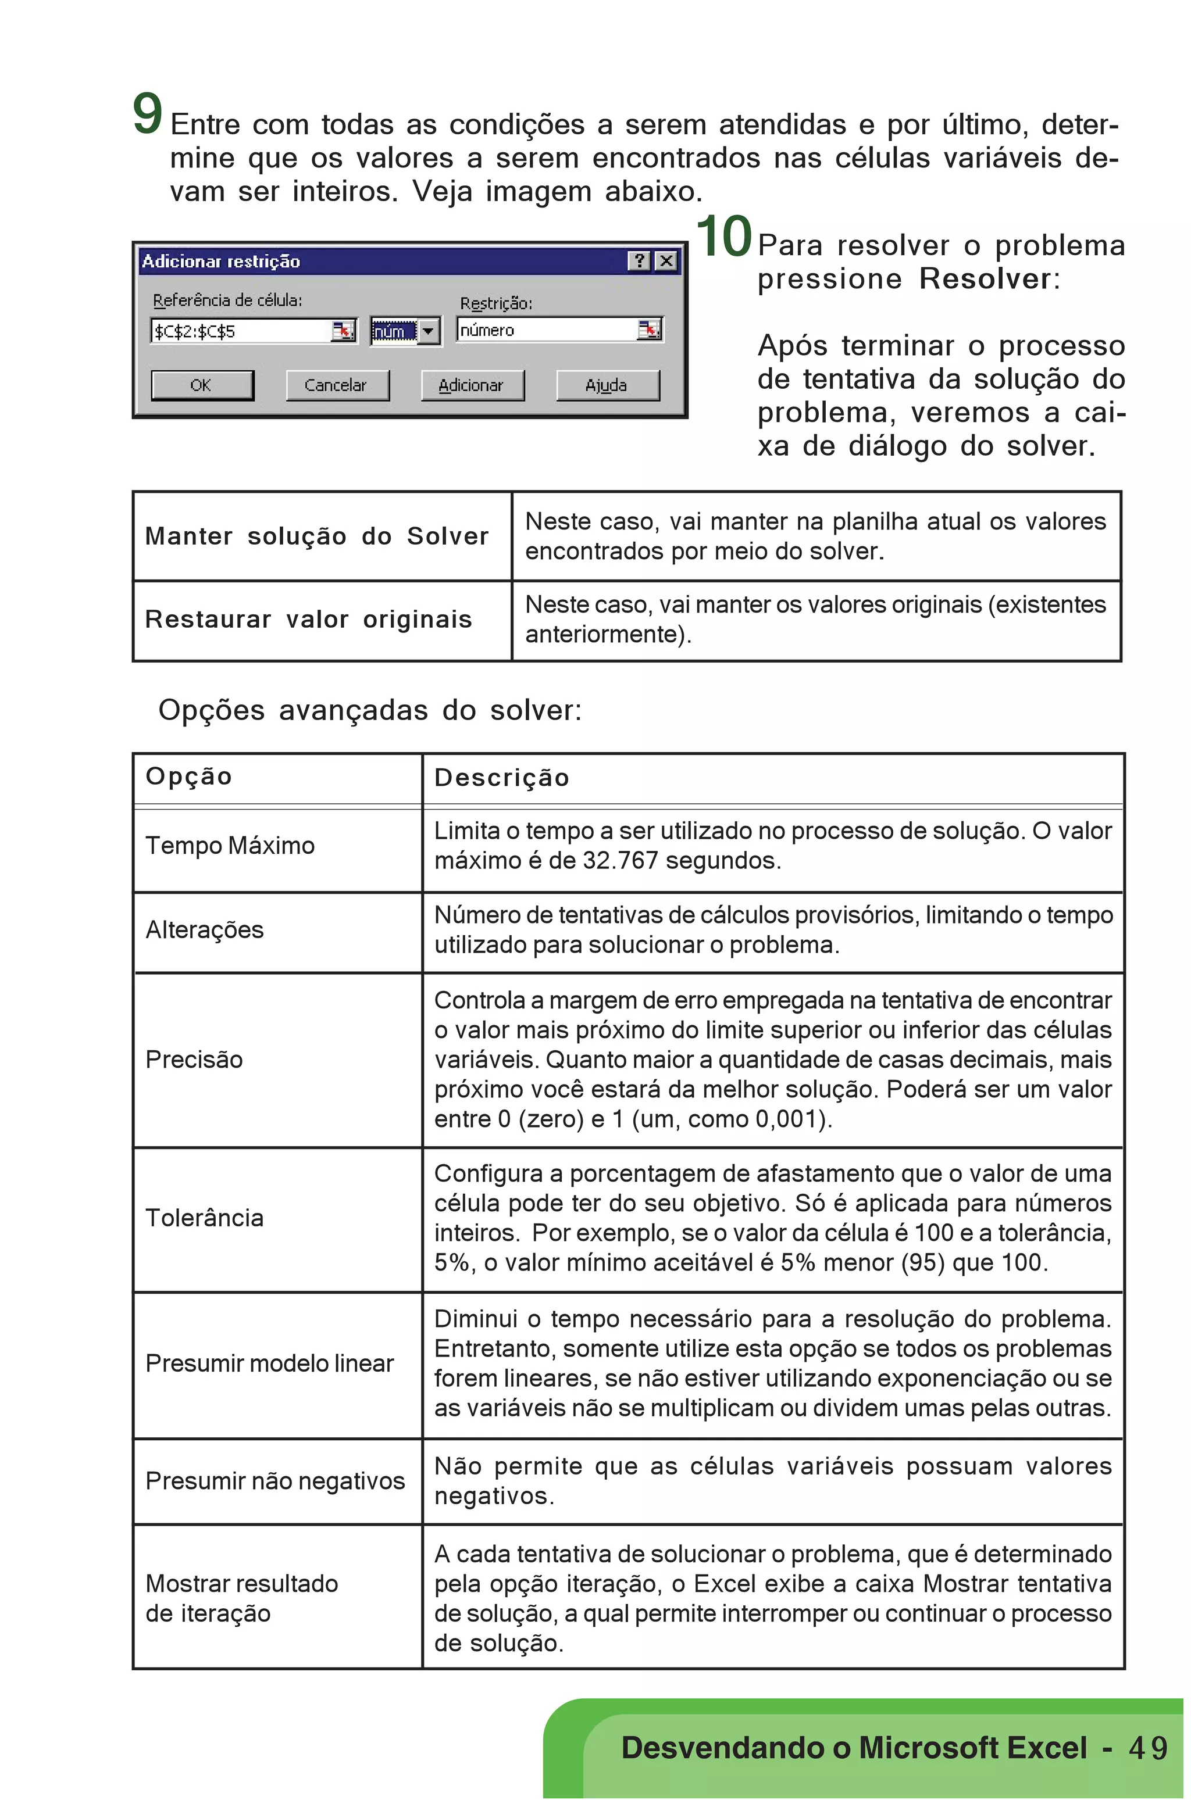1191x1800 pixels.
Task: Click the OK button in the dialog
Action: (202, 385)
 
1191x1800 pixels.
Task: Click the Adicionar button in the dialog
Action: (472, 385)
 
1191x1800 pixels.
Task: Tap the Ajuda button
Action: (607, 385)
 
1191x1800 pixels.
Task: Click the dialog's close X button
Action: (666, 261)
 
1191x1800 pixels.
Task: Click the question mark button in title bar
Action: (640, 261)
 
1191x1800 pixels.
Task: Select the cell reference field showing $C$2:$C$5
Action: (241, 331)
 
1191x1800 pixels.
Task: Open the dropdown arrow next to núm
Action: (429, 331)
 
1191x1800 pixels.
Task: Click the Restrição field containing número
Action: (547, 330)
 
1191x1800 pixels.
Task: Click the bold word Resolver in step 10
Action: (985, 278)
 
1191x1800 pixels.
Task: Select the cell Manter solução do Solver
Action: (317, 536)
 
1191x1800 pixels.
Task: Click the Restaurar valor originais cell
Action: (308, 620)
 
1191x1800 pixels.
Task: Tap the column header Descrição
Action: (501, 778)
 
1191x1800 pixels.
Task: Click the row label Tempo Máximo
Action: (230, 845)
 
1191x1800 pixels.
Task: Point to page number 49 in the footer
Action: (1148, 1748)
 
